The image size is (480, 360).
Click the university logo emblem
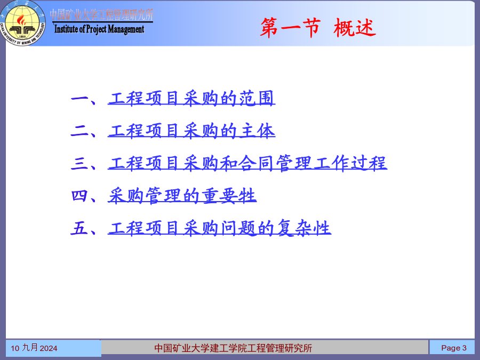(x=23, y=23)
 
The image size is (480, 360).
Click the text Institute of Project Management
(x=99, y=29)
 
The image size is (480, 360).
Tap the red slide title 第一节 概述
(x=318, y=28)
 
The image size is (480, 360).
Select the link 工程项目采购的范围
(x=191, y=98)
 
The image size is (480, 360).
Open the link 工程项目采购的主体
(x=191, y=131)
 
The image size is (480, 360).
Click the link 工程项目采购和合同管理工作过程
(x=247, y=163)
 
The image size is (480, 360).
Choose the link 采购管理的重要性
(x=182, y=196)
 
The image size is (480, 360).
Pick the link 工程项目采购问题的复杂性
(x=219, y=228)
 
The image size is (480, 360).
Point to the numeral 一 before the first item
(x=79, y=99)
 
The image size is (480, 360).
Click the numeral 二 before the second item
(x=79, y=131)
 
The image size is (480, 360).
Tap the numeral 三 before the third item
(x=79, y=163)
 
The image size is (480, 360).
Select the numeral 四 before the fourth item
(x=79, y=196)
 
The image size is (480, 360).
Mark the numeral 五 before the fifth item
(x=79, y=228)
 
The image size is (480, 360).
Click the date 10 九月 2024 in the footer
(x=34, y=348)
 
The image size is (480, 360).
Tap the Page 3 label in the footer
(x=454, y=348)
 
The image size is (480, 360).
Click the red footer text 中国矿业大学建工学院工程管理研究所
(x=233, y=348)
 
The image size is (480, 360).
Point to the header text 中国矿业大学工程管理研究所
(x=102, y=15)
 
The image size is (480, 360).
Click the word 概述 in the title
(x=355, y=28)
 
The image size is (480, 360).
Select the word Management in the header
(x=126, y=29)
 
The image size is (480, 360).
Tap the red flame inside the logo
(x=21, y=20)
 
